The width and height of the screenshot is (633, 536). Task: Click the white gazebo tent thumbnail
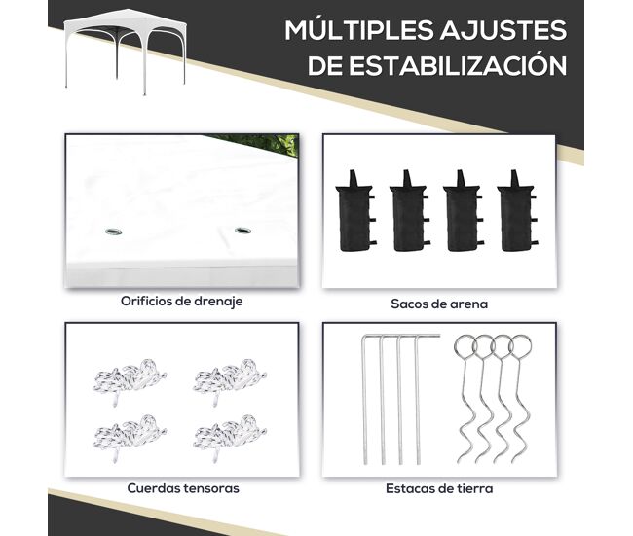[126, 52]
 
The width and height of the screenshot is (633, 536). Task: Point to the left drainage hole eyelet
[113, 232]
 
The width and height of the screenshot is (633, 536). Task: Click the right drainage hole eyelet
[242, 231]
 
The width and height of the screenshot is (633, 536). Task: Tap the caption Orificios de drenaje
[182, 302]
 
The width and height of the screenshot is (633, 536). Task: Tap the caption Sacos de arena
[439, 304]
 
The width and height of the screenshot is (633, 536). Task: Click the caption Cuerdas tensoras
[183, 488]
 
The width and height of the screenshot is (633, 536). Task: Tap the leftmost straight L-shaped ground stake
[364, 399]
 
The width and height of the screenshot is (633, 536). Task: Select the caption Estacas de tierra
[439, 488]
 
